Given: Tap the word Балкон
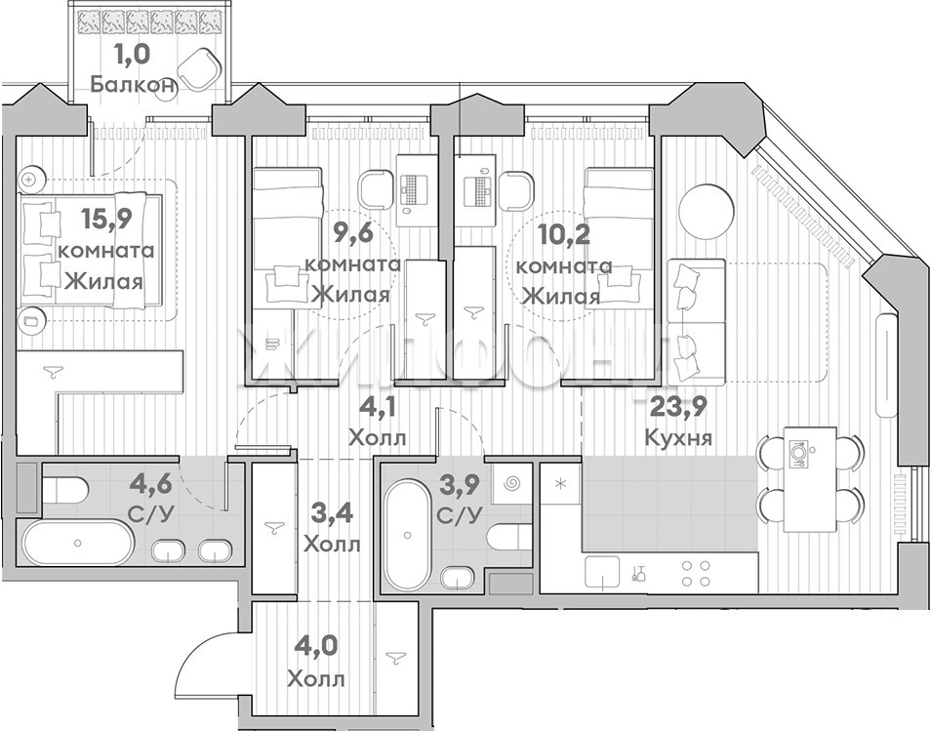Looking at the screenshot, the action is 134,85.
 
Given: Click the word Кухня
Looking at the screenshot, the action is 678,438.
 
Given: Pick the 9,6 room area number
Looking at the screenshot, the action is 353,233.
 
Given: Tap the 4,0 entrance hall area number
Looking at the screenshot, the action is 315,646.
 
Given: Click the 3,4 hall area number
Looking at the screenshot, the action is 332,512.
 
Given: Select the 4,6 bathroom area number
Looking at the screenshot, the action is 151,483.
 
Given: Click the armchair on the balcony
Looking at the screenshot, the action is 200,67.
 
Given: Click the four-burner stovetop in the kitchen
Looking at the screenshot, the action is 696,573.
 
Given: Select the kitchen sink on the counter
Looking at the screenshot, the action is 602,573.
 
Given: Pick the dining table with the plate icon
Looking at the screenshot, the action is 811,479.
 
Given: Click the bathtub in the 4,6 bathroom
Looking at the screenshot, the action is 78,542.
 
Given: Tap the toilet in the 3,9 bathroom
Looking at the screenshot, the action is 508,537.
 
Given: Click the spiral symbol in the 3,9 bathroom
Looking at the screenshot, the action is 511,484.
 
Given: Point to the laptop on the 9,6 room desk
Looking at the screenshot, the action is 412,189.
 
